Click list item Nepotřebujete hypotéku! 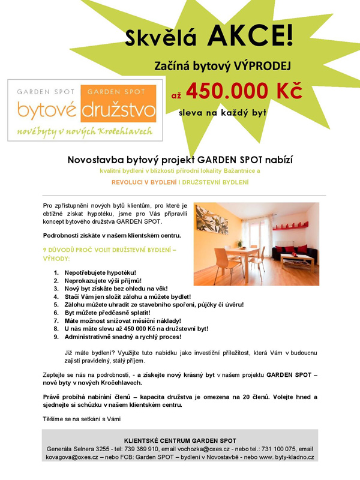pos(100,272)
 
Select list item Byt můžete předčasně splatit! pos(107,313)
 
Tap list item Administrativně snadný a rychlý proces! pos(126,337)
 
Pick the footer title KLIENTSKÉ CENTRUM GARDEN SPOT pos(180,440)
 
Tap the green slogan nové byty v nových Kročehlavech pos(85,131)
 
